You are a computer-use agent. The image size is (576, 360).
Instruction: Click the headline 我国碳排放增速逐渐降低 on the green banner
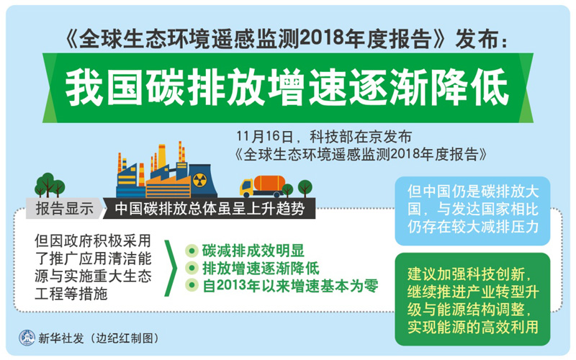point(287,87)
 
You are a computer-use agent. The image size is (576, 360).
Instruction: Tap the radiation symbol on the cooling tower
point(199,180)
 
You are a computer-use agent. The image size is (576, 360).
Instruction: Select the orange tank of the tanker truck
point(269,183)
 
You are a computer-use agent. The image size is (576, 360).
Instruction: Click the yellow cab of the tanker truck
point(246,187)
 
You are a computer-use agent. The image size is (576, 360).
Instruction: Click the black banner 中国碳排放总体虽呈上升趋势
point(210,209)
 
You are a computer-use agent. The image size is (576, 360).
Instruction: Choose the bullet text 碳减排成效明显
point(253,251)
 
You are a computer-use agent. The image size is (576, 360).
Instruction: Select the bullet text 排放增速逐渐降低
point(261,268)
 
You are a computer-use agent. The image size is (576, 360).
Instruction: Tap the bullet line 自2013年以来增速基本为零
point(290,286)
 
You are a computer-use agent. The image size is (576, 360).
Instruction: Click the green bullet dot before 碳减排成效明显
point(192,251)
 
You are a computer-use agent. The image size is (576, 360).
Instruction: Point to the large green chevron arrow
point(171,268)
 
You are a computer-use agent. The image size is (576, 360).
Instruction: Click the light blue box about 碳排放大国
point(472,211)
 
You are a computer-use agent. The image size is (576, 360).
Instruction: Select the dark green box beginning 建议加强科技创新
point(472,300)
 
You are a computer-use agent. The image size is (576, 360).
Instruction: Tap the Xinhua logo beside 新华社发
point(27,338)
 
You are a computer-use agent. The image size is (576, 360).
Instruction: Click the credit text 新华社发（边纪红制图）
point(99,338)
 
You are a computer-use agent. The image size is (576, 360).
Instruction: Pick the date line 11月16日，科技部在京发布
point(323,137)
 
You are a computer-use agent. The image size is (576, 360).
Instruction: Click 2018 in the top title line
point(323,39)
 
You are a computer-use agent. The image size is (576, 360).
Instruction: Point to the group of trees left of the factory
point(50,185)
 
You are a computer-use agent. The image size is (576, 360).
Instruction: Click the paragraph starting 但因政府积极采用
point(93,267)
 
